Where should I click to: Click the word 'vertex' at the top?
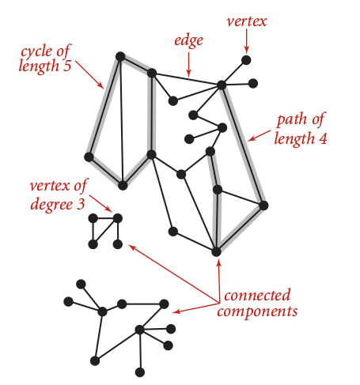(x=247, y=21)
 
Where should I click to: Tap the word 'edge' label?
(x=188, y=41)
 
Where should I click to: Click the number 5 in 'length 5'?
(x=67, y=66)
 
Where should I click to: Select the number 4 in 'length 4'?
(x=323, y=138)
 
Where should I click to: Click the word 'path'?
(x=292, y=120)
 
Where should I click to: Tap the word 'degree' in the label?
(x=51, y=205)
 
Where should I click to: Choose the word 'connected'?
(x=257, y=296)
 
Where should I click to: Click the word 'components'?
(x=257, y=311)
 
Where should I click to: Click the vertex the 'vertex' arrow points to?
(x=246, y=60)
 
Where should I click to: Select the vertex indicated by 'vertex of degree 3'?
(x=118, y=218)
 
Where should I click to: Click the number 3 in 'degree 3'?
(x=81, y=204)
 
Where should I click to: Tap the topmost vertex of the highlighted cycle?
(x=120, y=56)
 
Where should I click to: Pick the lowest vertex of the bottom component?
(x=140, y=372)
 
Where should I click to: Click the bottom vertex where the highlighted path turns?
(x=216, y=251)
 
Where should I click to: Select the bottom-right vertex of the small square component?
(x=118, y=244)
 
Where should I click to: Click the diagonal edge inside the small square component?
(x=105, y=232)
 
